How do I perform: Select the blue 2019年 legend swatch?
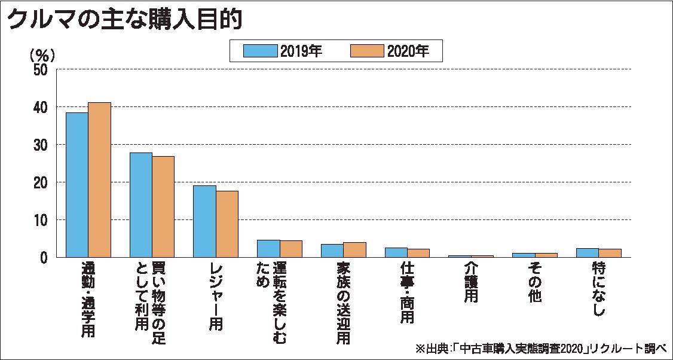click(x=261, y=51)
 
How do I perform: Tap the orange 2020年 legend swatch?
click(x=367, y=51)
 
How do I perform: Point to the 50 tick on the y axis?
click(x=40, y=69)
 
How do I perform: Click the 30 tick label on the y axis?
click(x=40, y=145)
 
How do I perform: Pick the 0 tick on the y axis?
click(x=44, y=258)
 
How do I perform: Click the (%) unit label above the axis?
click(x=42, y=54)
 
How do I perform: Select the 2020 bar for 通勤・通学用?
click(x=99, y=179)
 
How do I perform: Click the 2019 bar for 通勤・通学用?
click(x=77, y=185)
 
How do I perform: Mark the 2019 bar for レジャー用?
click(x=204, y=221)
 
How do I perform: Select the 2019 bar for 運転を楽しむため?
click(x=268, y=249)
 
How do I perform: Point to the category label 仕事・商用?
click(x=407, y=293)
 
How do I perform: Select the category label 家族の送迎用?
click(x=343, y=303)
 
